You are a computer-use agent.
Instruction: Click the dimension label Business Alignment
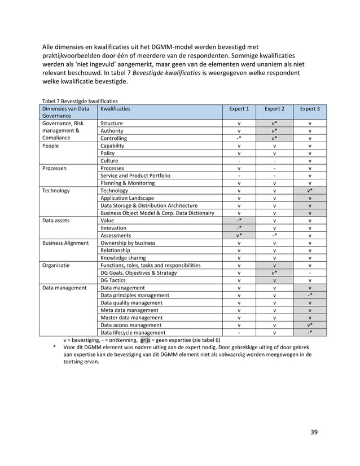coord(65,243)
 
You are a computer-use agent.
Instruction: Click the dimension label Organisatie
coord(57,265)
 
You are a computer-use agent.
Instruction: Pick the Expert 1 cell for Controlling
coord(239,138)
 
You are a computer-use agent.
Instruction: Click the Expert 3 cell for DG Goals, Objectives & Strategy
coord(309,272)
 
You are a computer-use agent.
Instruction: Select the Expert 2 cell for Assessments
coord(274,235)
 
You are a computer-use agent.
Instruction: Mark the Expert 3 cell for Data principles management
coord(309,295)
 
